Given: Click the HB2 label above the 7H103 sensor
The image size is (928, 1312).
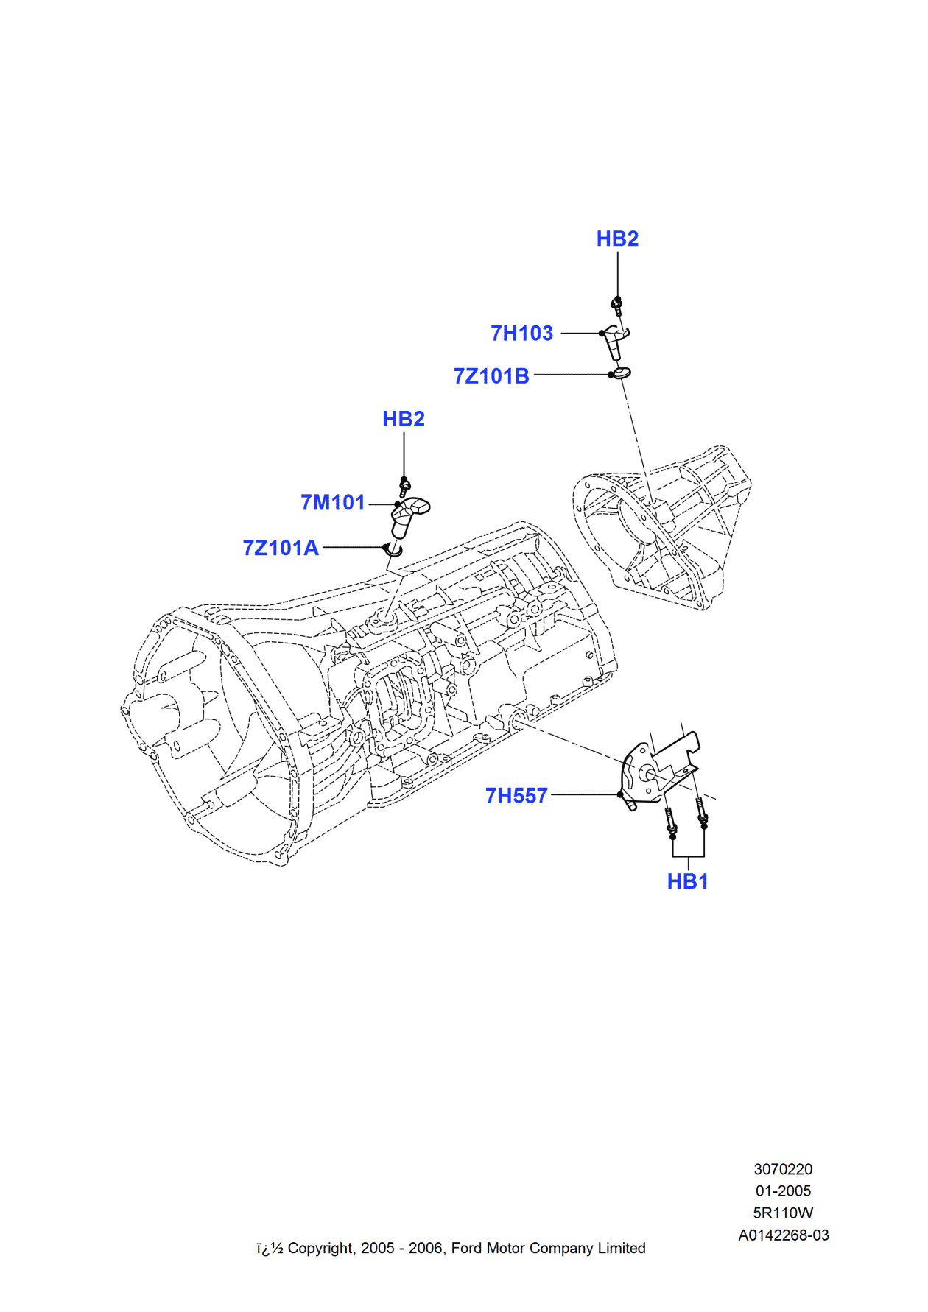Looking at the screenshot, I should point(617,239).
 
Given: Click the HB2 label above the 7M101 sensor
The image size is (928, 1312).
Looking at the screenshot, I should point(404,419).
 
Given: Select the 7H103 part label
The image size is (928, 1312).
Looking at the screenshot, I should point(521,334).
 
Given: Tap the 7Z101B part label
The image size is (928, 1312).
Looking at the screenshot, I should point(491,376).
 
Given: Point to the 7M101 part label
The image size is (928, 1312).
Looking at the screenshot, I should point(333,503).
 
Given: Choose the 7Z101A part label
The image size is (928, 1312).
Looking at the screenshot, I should point(281,548).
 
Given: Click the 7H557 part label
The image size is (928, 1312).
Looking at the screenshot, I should point(516,796).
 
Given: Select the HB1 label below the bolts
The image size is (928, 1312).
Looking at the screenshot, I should point(687,881).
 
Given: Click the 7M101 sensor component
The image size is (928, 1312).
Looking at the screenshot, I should point(407,516).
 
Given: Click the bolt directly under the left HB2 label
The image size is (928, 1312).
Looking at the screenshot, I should point(404,486).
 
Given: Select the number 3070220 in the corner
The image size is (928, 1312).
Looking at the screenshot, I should point(783,1169).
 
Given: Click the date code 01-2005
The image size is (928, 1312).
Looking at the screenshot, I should point(783,1191).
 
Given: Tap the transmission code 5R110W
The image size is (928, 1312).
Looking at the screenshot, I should point(783,1213).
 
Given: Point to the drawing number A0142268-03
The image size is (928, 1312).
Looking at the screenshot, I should point(784,1235).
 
